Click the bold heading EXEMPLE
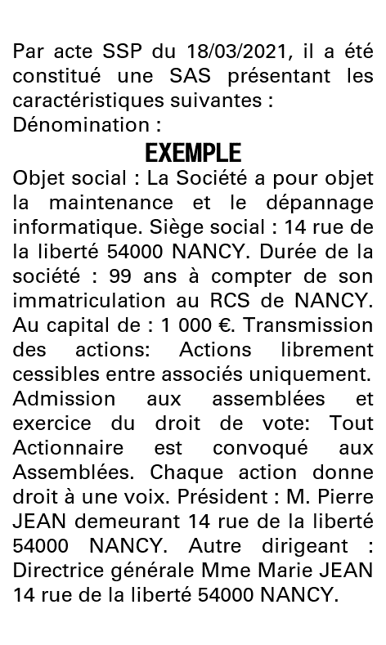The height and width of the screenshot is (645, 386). [193, 153]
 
